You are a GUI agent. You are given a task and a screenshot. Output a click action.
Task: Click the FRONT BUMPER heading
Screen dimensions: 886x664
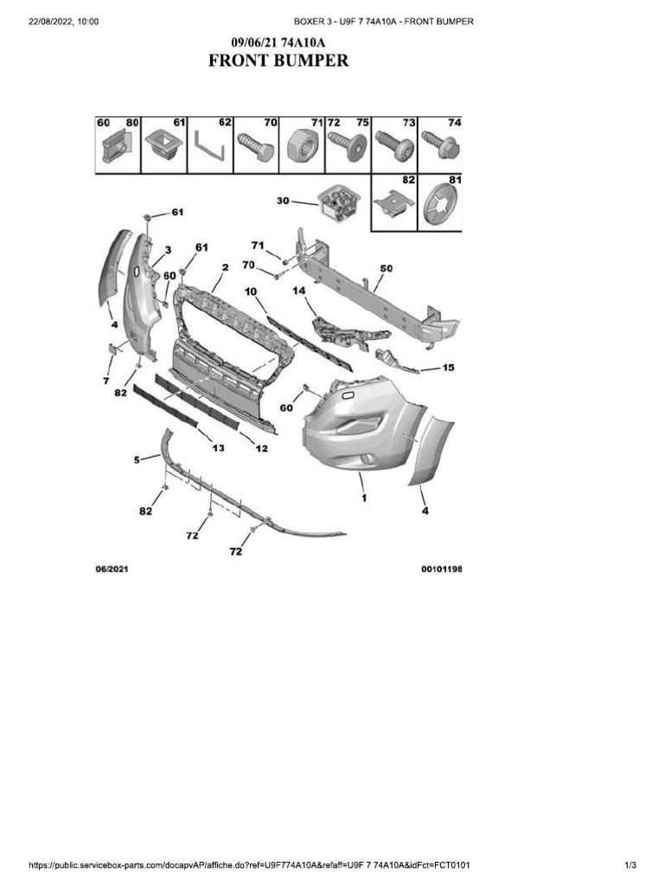click(278, 61)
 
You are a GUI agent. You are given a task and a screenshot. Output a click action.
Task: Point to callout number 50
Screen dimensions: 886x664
click(386, 268)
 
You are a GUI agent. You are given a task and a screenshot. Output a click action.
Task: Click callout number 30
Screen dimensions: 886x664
click(283, 201)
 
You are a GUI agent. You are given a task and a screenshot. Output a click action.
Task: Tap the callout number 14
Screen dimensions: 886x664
click(299, 292)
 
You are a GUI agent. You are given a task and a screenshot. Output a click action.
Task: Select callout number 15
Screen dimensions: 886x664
click(448, 367)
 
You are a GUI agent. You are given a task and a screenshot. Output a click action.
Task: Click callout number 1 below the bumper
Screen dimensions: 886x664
click(363, 498)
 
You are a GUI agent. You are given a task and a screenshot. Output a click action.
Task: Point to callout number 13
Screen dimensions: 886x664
click(219, 447)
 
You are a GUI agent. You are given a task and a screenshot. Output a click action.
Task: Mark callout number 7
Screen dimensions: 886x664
click(106, 380)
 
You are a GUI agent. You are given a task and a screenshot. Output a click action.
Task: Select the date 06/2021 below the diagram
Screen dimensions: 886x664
click(112, 569)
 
